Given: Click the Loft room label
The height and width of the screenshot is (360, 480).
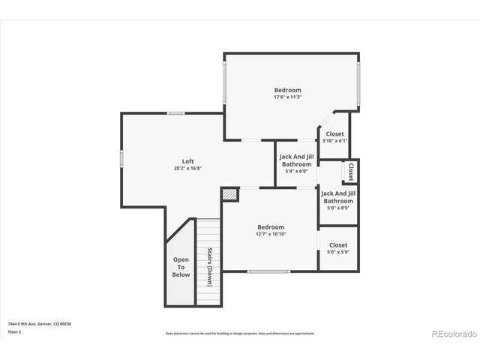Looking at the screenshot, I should coord(188,161).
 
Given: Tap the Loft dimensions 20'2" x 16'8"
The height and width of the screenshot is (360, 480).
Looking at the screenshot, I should coord(188,168).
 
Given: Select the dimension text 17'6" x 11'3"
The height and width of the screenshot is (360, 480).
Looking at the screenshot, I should coord(287,97).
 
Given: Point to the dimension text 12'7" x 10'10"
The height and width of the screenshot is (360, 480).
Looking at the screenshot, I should coord(271,234).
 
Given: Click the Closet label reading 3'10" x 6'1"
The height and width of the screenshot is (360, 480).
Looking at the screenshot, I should coord(334,134).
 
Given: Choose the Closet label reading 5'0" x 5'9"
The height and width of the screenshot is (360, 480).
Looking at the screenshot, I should coord(338,245).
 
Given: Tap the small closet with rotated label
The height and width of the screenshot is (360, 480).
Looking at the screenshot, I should coord(350,172).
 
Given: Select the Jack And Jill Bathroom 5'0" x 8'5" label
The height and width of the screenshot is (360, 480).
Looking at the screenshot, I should coord(338,200).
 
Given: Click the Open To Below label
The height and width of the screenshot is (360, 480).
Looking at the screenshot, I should coord(181,267).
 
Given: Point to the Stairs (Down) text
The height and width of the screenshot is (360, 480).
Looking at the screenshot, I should coord(209,266).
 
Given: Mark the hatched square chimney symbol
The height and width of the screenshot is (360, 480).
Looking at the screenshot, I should coord(229,194).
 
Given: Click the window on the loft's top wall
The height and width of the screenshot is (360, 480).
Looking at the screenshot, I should coord(175,113).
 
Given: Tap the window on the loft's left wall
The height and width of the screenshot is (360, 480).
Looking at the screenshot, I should coord(121,158).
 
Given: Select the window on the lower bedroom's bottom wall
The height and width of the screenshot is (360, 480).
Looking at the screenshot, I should coord(268,271).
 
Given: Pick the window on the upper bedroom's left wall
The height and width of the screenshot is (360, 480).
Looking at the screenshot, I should coord(224,82).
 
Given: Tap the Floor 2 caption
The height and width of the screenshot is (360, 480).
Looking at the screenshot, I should coord(15,331).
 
